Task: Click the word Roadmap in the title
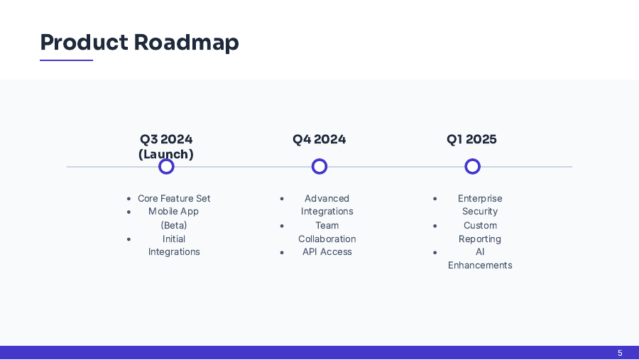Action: click(x=186, y=43)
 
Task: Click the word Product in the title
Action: click(x=84, y=43)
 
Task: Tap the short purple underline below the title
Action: click(x=66, y=60)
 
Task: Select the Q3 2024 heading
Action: click(x=166, y=139)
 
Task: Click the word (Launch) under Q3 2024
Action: click(x=166, y=154)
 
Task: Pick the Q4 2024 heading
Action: click(x=319, y=139)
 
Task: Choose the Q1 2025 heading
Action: click(x=471, y=139)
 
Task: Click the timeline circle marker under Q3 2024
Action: click(x=166, y=166)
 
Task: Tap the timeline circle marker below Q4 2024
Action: click(x=319, y=166)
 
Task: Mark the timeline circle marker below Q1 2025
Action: click(x=472, y=166)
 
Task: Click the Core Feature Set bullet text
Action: click(x=174, y=198)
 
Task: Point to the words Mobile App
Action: click(x=173, y=212)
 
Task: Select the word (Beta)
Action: click(x=174, y=225)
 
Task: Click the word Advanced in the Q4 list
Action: click(x=327, y=198)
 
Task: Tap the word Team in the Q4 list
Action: click(x=327, y=225)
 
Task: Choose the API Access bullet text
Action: click(x=327, y=251)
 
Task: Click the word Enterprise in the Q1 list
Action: click(x=480, y=198)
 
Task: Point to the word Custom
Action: click(x=480, y=225)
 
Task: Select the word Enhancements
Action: click(x=480, y=265)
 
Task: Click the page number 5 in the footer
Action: click(x=620, y=353)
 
